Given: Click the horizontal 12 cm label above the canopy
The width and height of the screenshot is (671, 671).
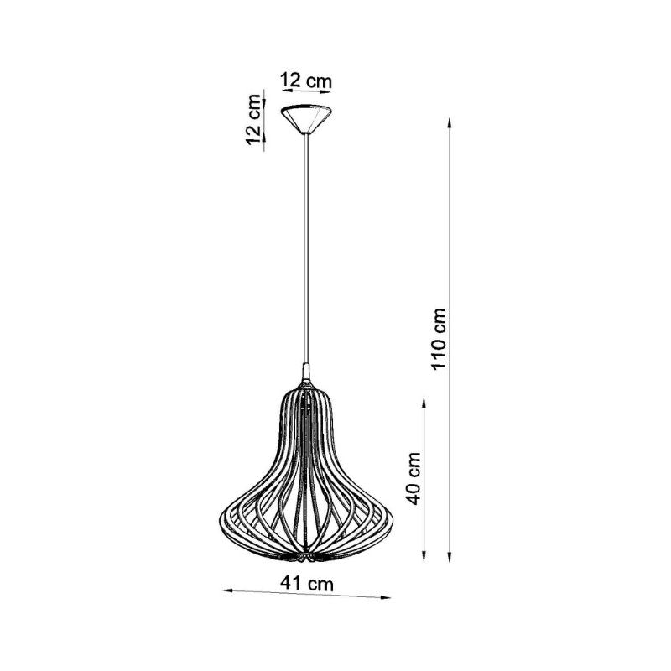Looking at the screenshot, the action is click(306, 81).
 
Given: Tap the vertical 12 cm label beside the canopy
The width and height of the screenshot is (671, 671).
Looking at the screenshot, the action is click(253, 120).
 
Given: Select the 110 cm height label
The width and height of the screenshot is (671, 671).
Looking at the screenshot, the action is click(439, 339).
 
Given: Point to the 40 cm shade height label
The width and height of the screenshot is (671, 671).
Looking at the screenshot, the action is click(414, 478).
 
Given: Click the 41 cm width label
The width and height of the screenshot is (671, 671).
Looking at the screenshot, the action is click(307, 583).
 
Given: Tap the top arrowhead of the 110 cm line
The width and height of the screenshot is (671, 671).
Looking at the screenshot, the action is click(449, 122).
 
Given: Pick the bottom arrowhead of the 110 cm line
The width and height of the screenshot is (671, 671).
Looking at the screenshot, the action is click(449, 556).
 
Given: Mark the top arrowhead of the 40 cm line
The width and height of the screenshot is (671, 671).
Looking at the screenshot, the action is click(424, 403).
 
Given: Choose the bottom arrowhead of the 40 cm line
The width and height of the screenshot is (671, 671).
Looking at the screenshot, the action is click(424, 555).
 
